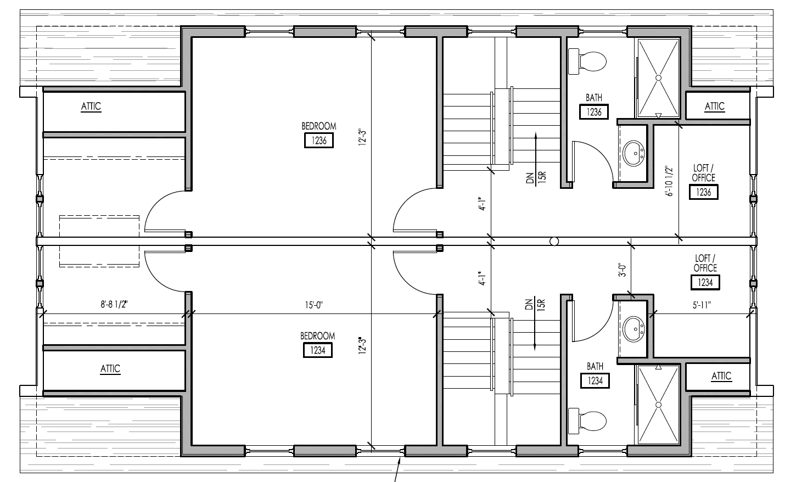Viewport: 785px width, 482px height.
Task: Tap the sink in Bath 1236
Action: [634, 152]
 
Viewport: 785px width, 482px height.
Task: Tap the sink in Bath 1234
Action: [634, 329]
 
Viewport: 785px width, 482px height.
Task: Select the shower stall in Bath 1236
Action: [658, 77]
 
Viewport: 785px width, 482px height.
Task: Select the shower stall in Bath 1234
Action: [658, 405]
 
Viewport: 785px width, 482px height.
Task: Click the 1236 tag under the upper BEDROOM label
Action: [319, 141]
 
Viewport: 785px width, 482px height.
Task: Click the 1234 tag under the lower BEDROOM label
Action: [318, 350]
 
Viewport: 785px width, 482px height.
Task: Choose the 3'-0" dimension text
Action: [622, 271]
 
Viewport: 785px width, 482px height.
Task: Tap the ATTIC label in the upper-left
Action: [91, 106]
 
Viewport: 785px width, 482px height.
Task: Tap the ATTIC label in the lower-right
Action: [721, 375]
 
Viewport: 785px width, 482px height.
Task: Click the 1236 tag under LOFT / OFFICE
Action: [704, 192]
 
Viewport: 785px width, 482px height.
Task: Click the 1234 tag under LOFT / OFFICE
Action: [705, 282]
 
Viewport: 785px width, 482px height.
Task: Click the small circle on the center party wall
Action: [554, 241]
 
